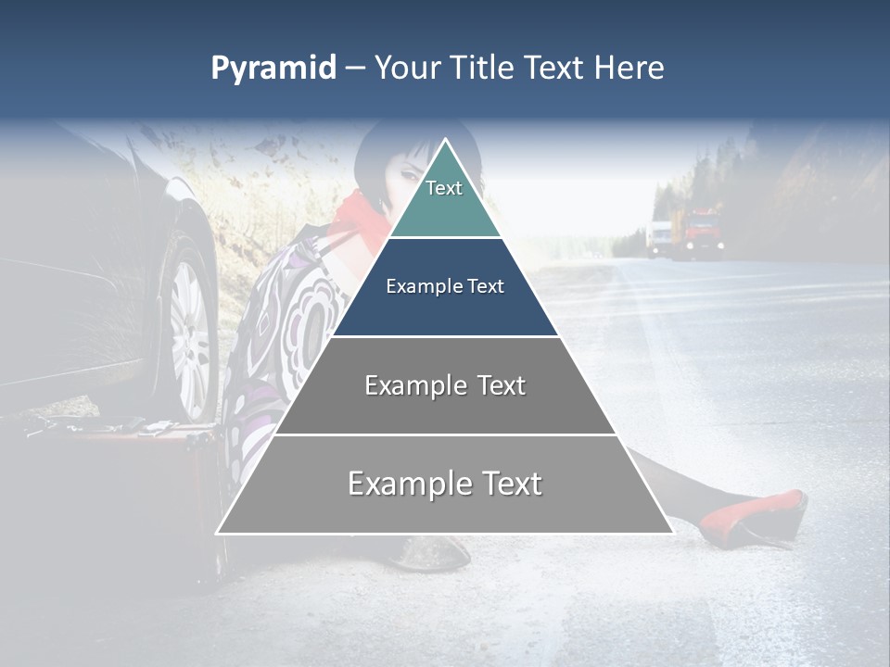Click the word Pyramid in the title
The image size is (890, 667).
273,69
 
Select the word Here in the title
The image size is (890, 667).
629,69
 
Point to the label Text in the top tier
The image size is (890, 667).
444,188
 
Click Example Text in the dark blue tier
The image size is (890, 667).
445,287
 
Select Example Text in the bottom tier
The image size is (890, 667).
445,484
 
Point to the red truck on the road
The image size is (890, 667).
702,232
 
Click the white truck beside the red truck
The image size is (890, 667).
659,236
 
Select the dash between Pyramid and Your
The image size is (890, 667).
355,69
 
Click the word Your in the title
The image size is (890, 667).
409,69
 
